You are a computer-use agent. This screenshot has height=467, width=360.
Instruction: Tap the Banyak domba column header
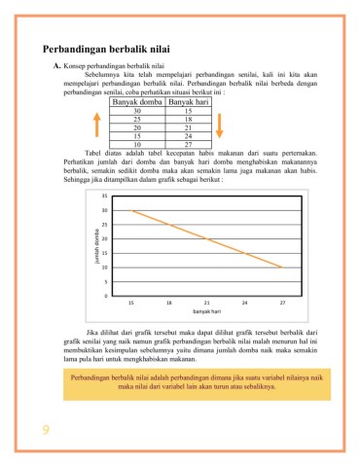click(136, 101)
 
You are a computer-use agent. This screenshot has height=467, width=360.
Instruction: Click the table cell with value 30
click(136, 112)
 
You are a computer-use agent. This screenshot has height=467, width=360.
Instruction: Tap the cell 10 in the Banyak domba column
click(136, 144)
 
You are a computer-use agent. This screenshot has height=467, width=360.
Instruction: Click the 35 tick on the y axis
click(104, 197)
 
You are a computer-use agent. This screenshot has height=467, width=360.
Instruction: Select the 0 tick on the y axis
click(105, 295)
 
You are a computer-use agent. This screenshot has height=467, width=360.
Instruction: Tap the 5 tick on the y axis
click(105, 281)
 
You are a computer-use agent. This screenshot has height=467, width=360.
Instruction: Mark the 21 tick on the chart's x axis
click(207, 303)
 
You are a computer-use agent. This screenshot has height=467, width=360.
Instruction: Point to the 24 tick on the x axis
click(244, 303)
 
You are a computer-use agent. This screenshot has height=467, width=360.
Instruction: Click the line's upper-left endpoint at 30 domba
click(132, 211)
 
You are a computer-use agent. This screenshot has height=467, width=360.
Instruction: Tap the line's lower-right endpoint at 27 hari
click(282, 267)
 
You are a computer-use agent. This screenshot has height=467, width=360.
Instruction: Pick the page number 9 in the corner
click(46, 430)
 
